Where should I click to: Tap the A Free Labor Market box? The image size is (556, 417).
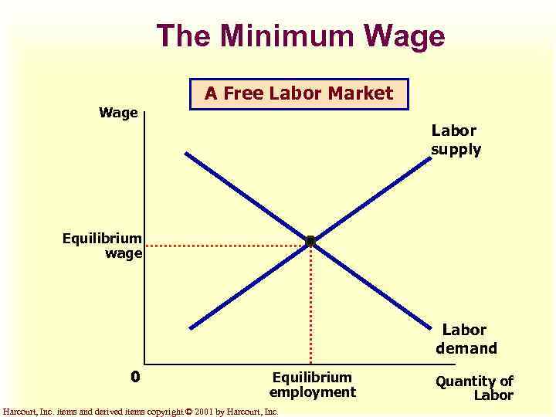coord(299,94)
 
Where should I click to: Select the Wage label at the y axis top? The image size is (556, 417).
coord(118,113)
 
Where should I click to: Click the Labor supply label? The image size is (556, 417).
coord(456,140)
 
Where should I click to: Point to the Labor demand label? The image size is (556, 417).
coord(466,339)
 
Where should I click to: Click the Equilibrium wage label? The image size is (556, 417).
coord(103,246)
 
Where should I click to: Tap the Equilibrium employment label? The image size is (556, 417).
coord(312,385)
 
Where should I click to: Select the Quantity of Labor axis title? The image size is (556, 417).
coord(475,388)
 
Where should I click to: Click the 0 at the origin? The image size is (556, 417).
coord(135,377)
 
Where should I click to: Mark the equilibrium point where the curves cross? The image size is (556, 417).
coord(310,242)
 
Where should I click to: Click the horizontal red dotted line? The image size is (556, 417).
coord(224,246)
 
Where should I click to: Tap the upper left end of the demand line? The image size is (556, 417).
coord(186,153)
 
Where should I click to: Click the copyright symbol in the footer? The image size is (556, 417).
coord(188,412)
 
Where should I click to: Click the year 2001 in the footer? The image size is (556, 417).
coord(203,412)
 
